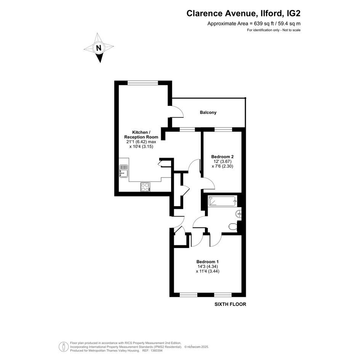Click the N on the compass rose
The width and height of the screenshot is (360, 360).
pyautogui.click(x=99, y=48)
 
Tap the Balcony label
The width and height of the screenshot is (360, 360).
pyautogui.click(x=208, y=112)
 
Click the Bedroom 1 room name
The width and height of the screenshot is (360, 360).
pyautogui.click(x=208, y=262)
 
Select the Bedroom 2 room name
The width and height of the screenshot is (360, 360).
pyautogui.click(x=222, y=157)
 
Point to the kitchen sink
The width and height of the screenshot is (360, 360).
pyautogui.click(x=123, y=171)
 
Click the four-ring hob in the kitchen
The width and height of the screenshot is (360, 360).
pyautogui.click(x=145, y=187)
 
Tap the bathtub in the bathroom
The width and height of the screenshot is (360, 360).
pyautogui.click(x=222, y=201)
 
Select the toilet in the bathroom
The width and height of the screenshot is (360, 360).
pyautogui.click(x=233, y=226)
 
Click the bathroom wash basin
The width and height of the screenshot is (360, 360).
pyautogui.click(x=238, y=214)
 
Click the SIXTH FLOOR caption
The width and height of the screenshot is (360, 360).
pyautogui.click(x=230, y=304)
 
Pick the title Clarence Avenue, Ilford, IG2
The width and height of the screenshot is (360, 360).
pyautogui.click(x=243, y=13)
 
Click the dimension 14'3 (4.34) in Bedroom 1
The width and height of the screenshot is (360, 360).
pyautogui.click(x=208, y=266)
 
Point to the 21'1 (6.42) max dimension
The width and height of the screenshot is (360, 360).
pyautogui.click(x=141, y=142)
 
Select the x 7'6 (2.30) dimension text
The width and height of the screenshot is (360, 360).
pyautogui.click(x=222, y=166)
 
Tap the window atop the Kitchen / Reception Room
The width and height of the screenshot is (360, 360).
pyautogui.click(x=143, y=83)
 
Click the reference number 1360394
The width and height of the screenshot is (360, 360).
pyautogui.click(x=156, y=350)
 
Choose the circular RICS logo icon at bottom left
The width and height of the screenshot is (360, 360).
pyautogui.click(x=64, y=347)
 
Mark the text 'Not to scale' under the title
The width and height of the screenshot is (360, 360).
pyautogui.click(x=291, y=30)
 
